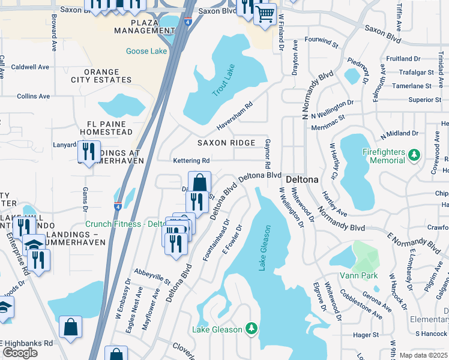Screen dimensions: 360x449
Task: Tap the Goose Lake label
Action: pos(146,51)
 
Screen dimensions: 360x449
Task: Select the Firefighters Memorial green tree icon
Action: pos(414,156)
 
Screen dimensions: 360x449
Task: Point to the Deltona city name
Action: pos(301,179)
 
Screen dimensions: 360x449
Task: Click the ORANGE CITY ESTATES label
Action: pos(108,76)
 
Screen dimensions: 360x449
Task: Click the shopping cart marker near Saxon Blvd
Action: pos(264,13)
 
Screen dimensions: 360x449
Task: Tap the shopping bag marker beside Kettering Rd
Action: pos(199,182)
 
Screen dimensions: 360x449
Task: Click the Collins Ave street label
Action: pos(33,96)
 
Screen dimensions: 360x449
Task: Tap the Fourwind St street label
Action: pos(322,44)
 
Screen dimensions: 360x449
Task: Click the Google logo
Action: pos(20,353)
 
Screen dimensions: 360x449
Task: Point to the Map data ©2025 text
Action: pos(422,355)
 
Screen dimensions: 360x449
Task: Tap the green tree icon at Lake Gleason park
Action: pos(253,329)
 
